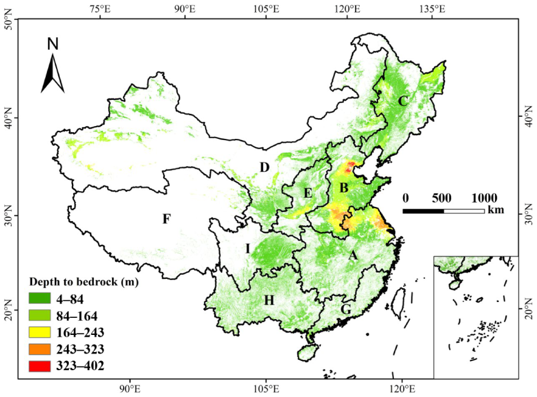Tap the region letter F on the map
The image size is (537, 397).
(x=166, y=219)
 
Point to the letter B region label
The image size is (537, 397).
(x=344, y=189)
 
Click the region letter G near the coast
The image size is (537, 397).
(x=346, y=310)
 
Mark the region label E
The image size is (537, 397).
(x=308, y=194)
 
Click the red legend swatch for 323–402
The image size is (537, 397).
(x=40, y=365)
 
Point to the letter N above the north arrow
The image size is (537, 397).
(x=53, y=44)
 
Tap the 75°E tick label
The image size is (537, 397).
(x=100, y=9)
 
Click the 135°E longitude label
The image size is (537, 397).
(x=432, y=9)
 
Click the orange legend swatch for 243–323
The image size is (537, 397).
(x=40, y=349)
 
